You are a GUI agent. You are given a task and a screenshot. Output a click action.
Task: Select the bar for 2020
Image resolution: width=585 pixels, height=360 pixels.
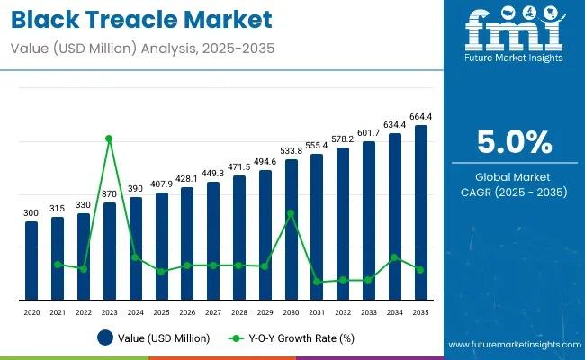click(x=31, y=261)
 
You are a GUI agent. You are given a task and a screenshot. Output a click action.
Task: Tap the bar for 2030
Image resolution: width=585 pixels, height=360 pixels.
click(x=291, y=230)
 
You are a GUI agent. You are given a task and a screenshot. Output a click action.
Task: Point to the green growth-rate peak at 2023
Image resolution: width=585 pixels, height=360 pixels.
click(x=109, y=139)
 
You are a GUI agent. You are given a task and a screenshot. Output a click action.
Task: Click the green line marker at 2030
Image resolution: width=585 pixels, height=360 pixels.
click(x=291, y=213)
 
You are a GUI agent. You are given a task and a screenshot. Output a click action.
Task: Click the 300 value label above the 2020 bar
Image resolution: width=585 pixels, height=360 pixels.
click(x=31, y=212)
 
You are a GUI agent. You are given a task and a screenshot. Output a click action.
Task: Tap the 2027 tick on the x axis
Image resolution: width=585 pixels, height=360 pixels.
click(x=213, y=311)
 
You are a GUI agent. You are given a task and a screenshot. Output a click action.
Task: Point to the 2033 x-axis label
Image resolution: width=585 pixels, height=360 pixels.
click(x=368, y=311)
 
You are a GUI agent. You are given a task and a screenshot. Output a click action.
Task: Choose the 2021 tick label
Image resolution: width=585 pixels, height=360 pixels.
click(x=58, y=311)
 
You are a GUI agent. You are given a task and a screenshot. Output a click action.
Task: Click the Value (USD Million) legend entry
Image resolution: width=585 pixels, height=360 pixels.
click(x=154, y=338)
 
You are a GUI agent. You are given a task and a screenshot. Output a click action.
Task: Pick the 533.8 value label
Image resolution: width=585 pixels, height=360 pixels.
click(x=291, y=150)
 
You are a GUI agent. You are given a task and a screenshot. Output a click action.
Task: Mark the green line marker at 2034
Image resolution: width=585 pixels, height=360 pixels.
click(x=394, y=257)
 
